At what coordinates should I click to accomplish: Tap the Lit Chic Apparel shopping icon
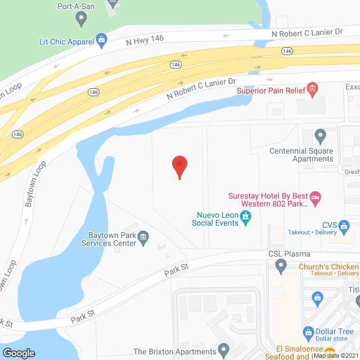(x=101, y=39)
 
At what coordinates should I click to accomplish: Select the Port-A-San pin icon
(x=82, y=19)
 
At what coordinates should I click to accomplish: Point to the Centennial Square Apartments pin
(x=320, y=136)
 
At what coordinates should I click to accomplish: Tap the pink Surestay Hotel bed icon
(x=316, y=197)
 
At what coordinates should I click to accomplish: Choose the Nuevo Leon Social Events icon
(x=245, y=216)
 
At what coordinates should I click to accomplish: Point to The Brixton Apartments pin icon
(x=224, y=351)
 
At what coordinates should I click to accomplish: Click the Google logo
(x=19, y=353)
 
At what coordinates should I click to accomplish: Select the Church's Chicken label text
(x=329, y=266)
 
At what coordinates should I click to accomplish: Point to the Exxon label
(x=352, y=87)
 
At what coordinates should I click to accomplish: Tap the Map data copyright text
(x=336, y=355)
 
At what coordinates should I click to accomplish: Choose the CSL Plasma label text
(x=289, y=254)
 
